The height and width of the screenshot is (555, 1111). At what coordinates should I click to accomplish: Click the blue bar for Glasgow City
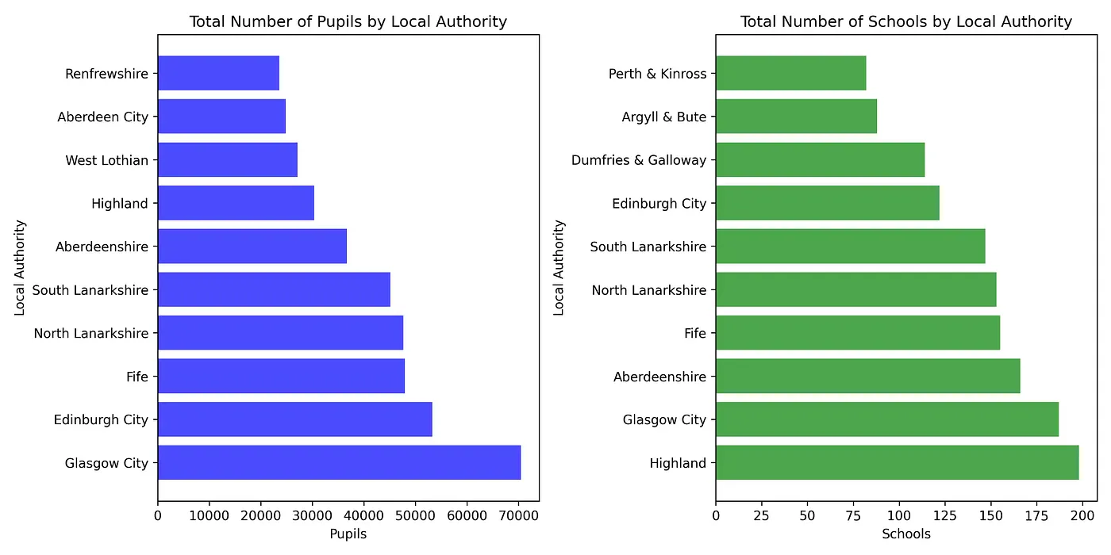point(339,462)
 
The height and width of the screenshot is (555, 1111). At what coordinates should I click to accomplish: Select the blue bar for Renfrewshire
point(218,74)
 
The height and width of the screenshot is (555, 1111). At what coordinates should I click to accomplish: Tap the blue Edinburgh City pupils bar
point(294,419)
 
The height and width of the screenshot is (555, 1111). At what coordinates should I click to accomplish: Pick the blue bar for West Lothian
point(227,160)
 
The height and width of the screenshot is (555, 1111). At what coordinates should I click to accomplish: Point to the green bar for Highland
point(897,462)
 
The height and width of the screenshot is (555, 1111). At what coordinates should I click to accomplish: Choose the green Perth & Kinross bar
point(790,74)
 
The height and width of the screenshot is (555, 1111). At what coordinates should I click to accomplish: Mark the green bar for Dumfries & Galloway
point(820,160)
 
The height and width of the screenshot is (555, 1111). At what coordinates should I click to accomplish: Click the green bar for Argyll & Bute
point(796,117)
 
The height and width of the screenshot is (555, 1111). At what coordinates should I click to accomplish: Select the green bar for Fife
point(857,333)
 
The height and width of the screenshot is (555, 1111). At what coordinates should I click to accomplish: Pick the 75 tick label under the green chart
point(853,515)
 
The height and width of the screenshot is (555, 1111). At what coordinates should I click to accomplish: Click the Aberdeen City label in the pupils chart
point(102,117)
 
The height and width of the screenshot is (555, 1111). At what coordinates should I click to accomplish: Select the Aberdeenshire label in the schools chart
point(659,377)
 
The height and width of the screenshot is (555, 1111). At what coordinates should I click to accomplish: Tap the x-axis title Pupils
point(348,534)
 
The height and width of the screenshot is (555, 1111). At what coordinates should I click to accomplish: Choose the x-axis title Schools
point(906,534)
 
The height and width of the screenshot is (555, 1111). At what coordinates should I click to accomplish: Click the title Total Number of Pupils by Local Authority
point(348,21)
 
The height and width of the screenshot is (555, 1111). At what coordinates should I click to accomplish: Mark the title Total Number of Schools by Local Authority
point(906,21)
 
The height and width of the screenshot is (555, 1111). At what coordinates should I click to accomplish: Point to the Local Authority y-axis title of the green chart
point(559,268)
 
